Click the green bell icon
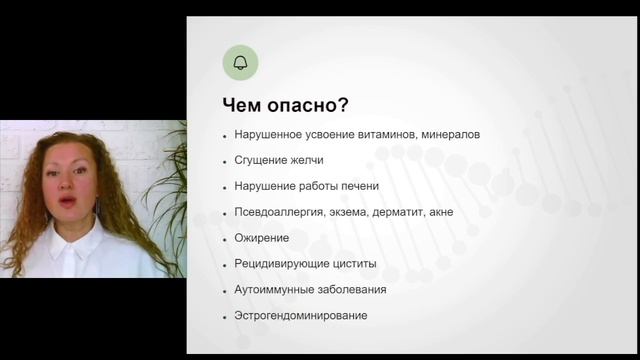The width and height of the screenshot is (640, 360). pos(240,63)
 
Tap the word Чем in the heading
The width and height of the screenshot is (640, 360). pos(250,104)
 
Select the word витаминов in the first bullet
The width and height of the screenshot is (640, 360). pos(392,134)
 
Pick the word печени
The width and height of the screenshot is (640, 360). pos(357,186)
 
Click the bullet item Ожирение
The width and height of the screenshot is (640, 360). pos(262,238)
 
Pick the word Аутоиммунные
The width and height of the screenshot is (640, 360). pos(271,290)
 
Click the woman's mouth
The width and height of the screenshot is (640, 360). pos(69,205)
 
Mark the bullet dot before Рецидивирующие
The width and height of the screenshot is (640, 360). pos(226,265)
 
